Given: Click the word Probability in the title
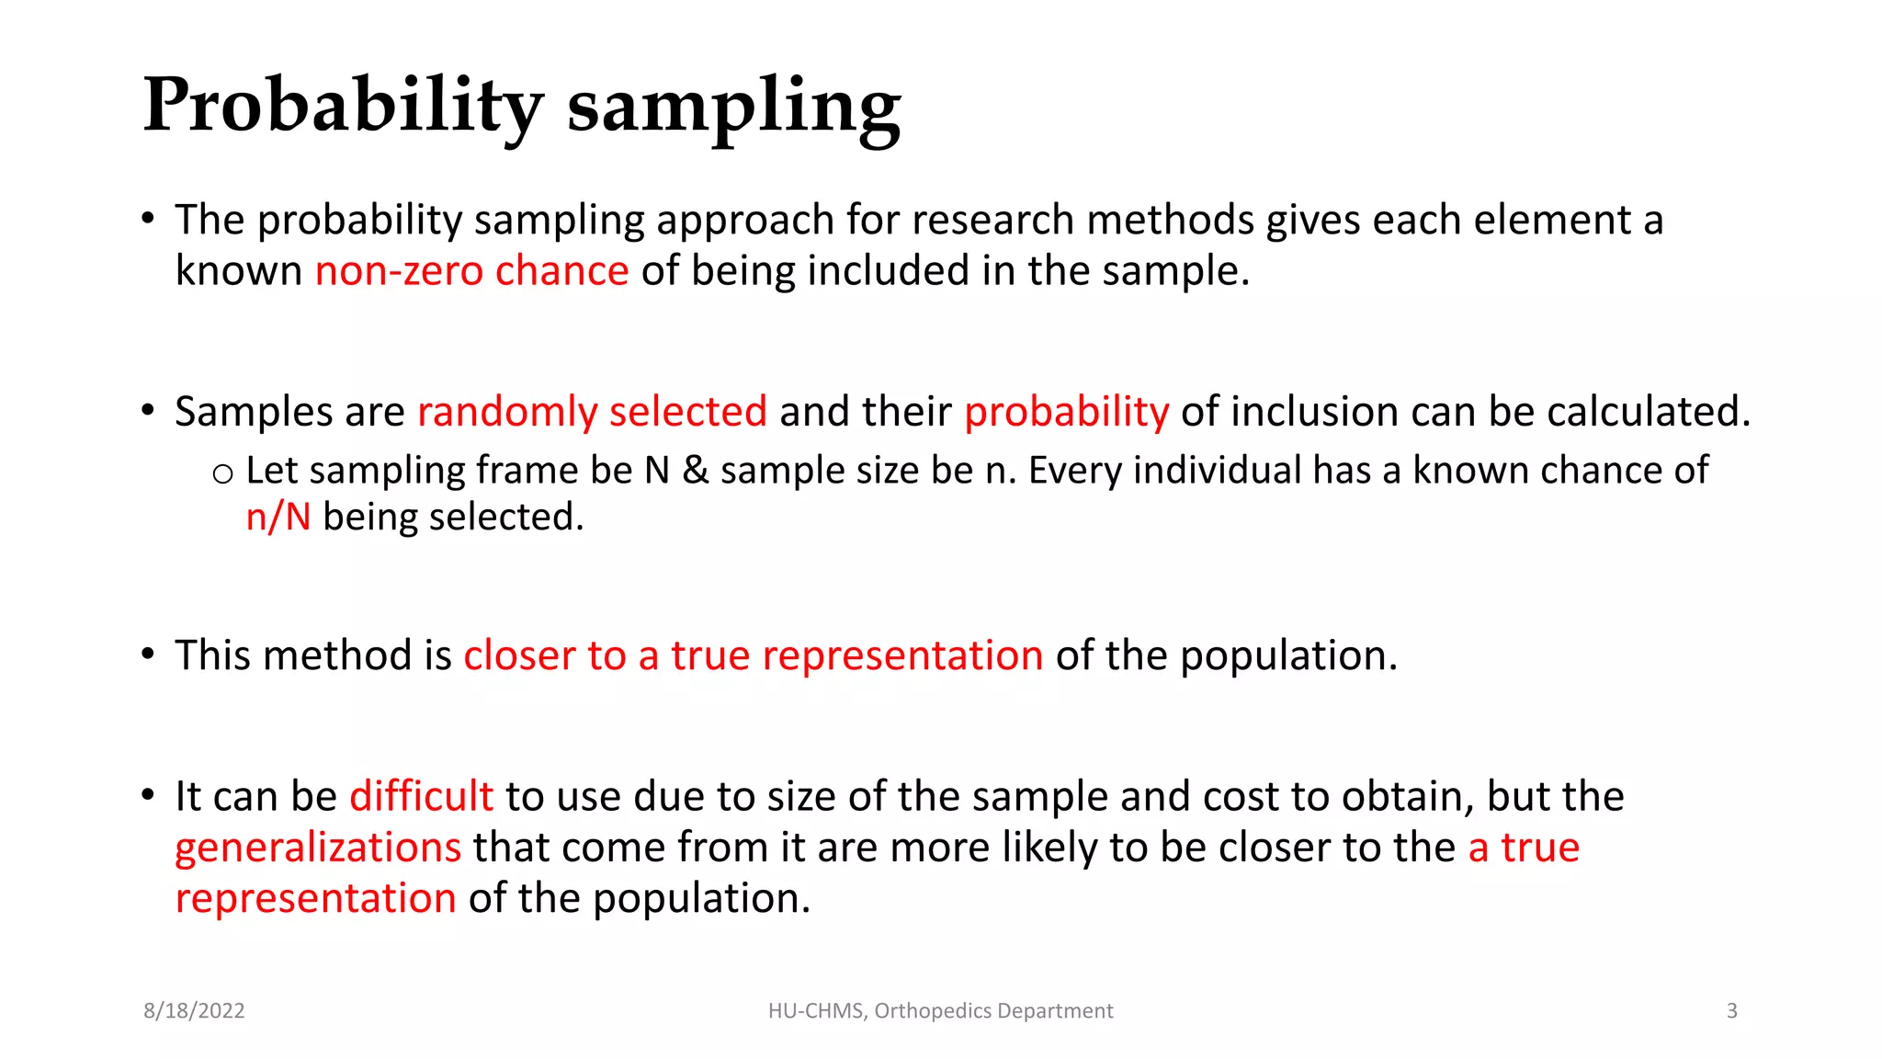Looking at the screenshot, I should click(x=343, y=106).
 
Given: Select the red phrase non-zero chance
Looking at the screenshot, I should click(x=471, y=271).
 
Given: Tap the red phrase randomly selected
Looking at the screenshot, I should click(x=592, y=411).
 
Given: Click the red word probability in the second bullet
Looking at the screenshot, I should click(x=1066, y=412).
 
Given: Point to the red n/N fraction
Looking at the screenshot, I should click(x=278, y=518).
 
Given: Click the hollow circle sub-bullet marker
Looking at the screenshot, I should click(x=222, y=474).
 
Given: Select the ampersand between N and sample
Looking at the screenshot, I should click(x=696, y=471).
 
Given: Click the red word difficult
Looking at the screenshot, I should click(x=421, y=796).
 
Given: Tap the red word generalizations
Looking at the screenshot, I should click(x=318, y=848).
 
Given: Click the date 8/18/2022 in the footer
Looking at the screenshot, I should click(x=194, y=1011).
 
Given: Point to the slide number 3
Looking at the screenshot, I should click(x=1731, y=1011).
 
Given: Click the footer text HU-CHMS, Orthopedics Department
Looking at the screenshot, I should click(x=940, y=1011).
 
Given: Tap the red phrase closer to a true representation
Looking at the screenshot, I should click(x=753, y=656).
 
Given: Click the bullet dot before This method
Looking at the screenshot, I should click(x=148, y=655).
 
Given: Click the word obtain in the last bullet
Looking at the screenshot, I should click(x=1407, y=796).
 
